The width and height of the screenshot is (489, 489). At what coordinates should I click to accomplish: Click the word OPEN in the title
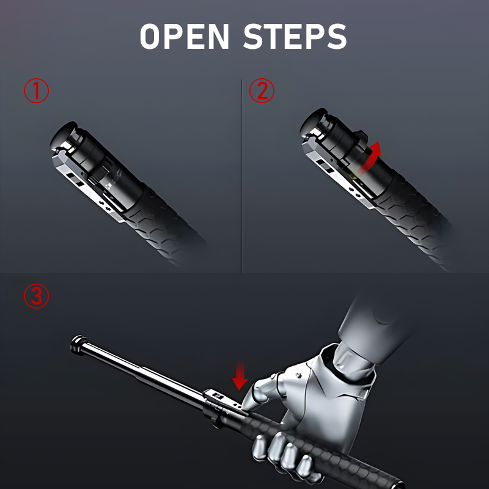185,36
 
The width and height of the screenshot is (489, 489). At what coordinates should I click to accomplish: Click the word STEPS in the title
295,36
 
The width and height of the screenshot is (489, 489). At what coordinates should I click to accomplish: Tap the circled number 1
37,90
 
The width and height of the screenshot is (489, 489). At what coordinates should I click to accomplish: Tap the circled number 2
262,90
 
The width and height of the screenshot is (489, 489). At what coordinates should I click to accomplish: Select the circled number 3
37,296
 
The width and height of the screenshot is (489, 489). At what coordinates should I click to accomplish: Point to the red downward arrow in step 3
240,376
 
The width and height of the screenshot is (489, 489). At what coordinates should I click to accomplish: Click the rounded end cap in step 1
64,133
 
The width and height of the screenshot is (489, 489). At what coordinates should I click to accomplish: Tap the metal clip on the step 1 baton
87,184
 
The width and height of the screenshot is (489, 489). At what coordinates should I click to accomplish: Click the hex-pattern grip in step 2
415,218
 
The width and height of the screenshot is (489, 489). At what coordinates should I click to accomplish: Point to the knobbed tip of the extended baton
78,344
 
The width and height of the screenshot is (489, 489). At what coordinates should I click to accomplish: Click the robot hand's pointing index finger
254,394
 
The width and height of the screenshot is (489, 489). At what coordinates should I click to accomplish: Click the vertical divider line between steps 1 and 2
241,176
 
